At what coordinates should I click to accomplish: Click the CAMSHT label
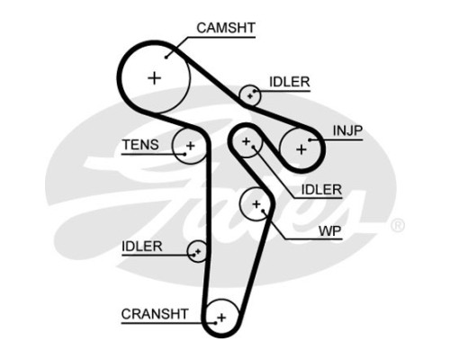(x=226, y=28)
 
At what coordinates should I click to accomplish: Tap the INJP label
(x=347, y=130)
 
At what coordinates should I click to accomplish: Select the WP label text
(x=329, y=230)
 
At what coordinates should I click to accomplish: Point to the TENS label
(x=140, y=145)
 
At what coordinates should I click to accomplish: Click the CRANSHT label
(x=155, y=314)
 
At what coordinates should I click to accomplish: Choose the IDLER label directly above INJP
(x=290, y=82)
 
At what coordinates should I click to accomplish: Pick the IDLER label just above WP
(x=321, y=190)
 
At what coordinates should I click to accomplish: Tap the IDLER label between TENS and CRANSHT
(x=142, y=247)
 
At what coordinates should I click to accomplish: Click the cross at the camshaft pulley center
(x=155, y=78)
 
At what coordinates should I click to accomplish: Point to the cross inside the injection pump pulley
(x=301, y=149)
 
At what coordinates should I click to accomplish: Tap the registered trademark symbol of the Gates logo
(x=398, y=225)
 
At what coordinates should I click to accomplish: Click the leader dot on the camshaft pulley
(x=166, y=57)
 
